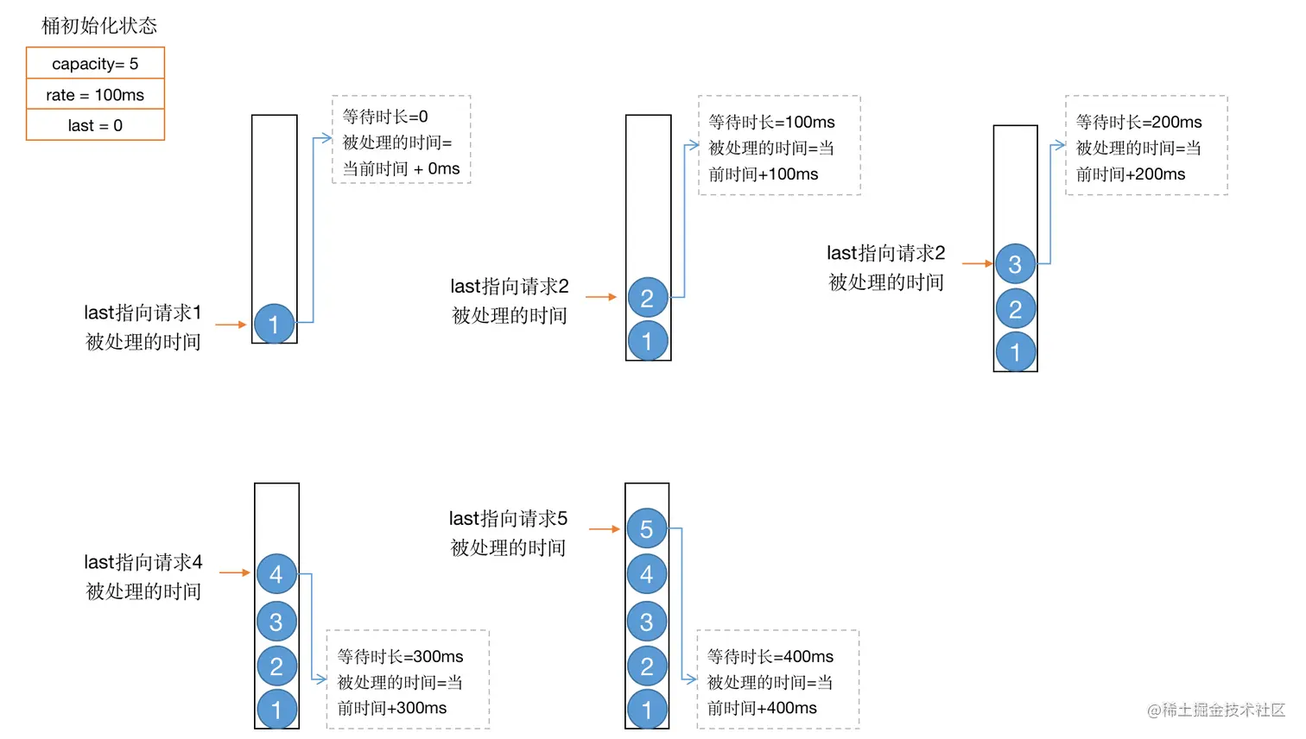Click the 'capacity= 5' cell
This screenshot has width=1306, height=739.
95,64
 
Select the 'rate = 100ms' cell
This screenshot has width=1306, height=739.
95,95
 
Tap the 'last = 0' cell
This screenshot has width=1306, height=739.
95,125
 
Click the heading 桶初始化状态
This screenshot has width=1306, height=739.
99,26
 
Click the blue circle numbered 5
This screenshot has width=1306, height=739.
646,529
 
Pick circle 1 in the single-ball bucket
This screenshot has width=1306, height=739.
274,325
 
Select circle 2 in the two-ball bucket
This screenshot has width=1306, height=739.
647,298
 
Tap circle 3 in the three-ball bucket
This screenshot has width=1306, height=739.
1015,264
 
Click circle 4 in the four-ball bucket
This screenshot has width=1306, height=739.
276,574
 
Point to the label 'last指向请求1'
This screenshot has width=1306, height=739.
143,313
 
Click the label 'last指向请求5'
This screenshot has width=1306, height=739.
508,519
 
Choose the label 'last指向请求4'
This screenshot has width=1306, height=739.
143,563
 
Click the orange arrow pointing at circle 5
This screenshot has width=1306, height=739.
605,528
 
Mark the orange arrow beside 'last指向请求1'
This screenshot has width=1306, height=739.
231,325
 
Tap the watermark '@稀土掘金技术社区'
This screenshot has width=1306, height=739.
1215,710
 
